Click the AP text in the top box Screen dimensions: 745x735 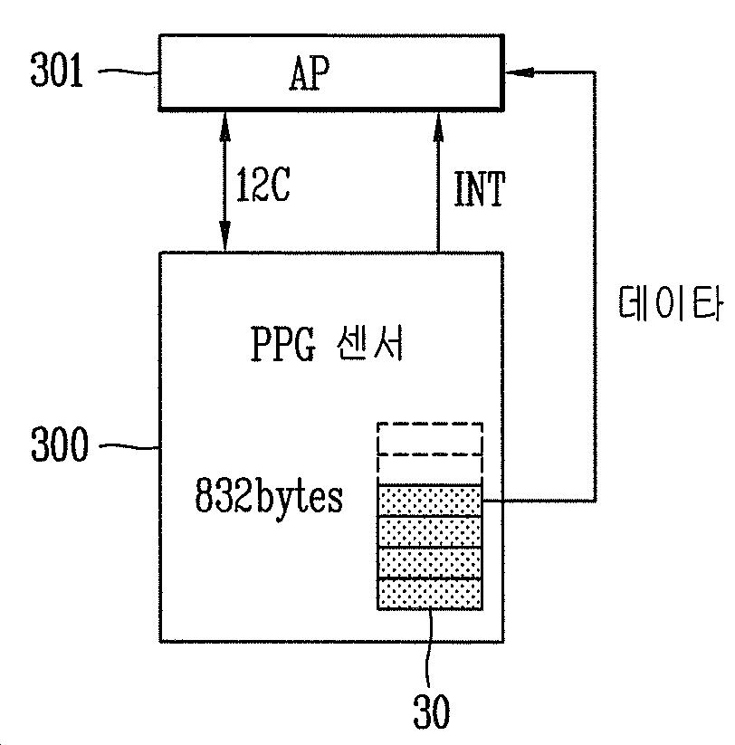[x=311, y=74]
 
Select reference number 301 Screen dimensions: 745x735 [x=57, y=72]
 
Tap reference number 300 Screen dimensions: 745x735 [x=57, y=445]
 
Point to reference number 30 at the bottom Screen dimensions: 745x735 [x=431, y=712]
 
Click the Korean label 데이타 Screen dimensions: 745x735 [x=672, y=306]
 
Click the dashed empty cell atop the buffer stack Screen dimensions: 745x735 [x=430, y=438]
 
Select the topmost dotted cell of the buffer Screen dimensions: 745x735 [x=430, y=500]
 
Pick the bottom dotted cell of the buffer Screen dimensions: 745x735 [x=430, y=594]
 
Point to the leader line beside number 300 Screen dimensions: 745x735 [x=127, y=445]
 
